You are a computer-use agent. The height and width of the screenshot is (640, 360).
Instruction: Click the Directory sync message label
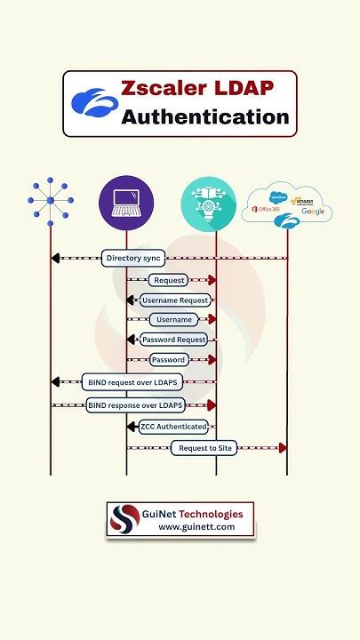click(x=133, y=259)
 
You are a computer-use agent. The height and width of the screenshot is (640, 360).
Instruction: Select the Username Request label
click(x=175, y=300)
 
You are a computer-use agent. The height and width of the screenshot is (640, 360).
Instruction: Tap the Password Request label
click(x=174, y=340)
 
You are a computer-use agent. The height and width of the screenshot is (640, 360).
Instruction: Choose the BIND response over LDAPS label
click(x=136, y=405)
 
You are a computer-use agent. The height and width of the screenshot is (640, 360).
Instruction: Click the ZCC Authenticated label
click(x=173, y=427)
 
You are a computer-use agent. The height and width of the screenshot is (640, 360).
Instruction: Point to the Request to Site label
click(x=205, y=448)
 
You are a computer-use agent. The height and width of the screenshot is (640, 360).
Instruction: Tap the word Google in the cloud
click(x=312, y=212)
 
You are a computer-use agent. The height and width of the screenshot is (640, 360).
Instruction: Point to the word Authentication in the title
click(x=205, y=117)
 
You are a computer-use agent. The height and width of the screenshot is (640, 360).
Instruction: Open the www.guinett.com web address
click(x=196, y=527)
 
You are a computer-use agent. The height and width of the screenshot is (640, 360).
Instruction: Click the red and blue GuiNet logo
click(x=125, y=520)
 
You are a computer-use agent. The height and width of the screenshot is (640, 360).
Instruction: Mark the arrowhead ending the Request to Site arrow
click(x=283, y=448)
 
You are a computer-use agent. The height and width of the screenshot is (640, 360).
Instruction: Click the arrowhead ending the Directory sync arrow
click(x=55, y=259)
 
